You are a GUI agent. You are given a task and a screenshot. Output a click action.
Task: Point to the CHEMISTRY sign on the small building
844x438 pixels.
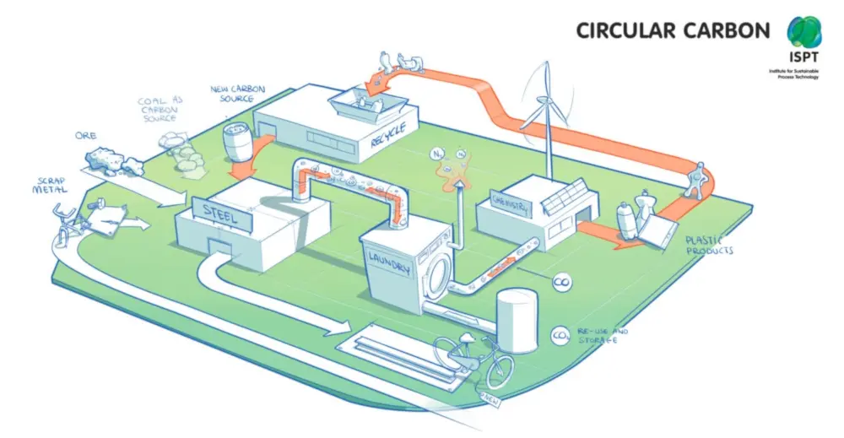coord(510,206)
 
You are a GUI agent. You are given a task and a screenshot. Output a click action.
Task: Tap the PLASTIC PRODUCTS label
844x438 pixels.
coord(707,245)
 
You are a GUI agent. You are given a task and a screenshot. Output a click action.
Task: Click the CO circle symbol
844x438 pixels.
coord(559,284)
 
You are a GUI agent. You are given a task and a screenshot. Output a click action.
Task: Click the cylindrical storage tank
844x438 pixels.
coord(516,320)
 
